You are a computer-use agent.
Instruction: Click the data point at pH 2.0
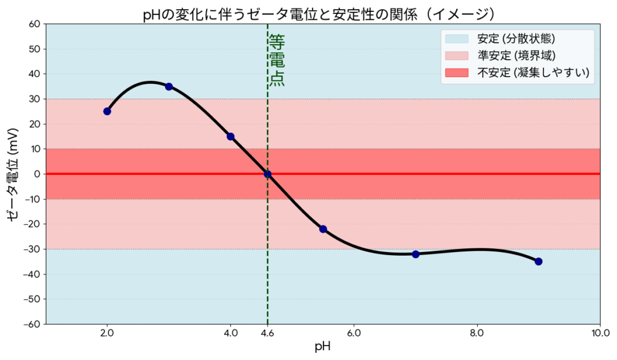coord(107,111)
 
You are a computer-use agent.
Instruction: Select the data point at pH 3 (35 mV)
coord(169,86)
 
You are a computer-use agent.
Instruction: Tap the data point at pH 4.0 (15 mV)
coord(230,136)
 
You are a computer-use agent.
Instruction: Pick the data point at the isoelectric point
coord(268,174)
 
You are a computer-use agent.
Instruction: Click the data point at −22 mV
coord(323,229)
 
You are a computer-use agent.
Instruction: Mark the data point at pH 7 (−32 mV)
coord(415,254)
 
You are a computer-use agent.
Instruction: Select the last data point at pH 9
coord(539,261)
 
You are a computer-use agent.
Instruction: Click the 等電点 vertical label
coord(277,60)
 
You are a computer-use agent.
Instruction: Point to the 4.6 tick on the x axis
coord(268,332)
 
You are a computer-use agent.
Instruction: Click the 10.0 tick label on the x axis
coord(600,332)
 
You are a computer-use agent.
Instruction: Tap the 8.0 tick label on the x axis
coord(477,332)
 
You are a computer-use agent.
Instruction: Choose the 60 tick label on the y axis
coord(34,24)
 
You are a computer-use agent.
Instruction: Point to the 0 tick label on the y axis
coord(37,174)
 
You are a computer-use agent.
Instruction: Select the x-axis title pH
coord(322,347)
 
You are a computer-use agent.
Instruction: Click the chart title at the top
coord(322,13)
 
